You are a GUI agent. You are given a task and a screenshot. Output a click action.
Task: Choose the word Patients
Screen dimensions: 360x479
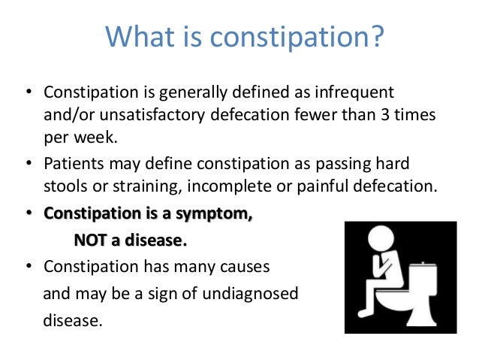coord(74,165)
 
